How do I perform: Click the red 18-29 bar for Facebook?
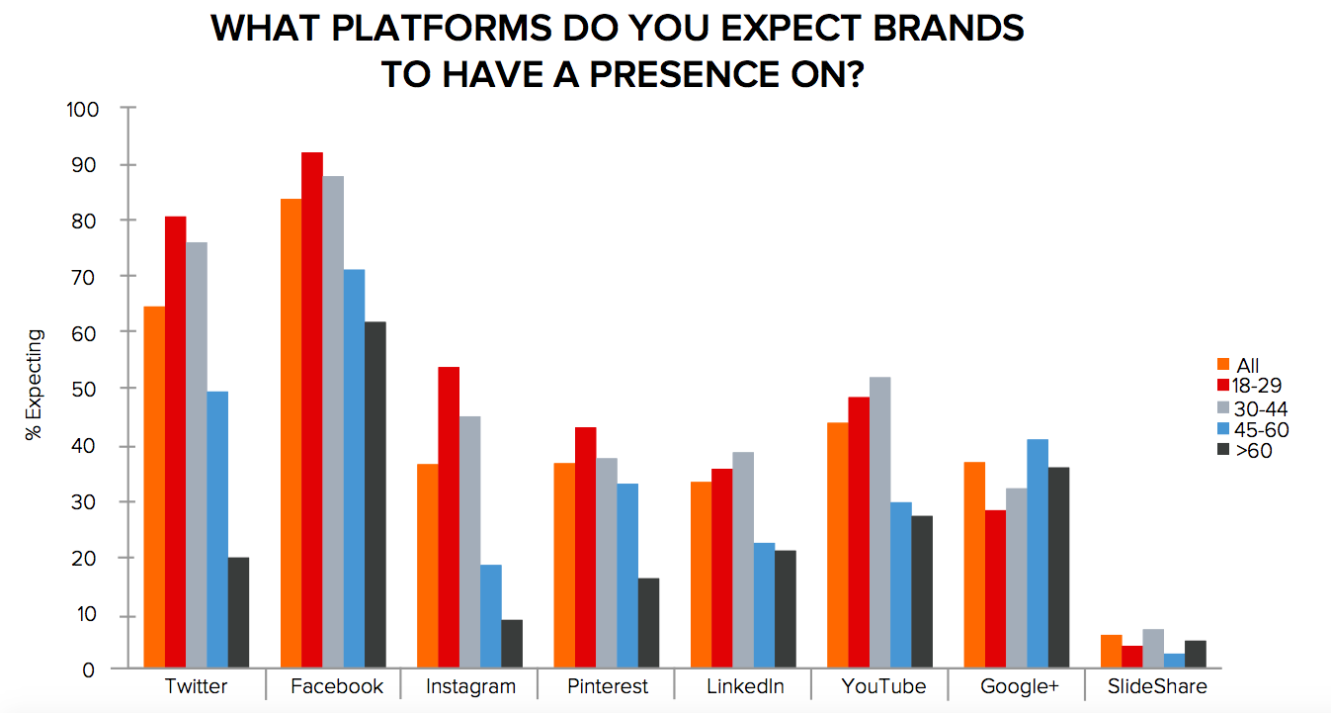[x=312, y=410]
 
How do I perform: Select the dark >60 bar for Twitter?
[x=238, y=613]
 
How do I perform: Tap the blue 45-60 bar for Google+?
[x=1037, y=554]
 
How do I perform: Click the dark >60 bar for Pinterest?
[x=648, y=623]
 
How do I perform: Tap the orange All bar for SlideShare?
[x=1112, y=652]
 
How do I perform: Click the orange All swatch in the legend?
[x=1222, y=364]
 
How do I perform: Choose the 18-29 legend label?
[x=1258, y=386]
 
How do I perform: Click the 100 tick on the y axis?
[x=83, y=109]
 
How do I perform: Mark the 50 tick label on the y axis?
[x=88, y=389]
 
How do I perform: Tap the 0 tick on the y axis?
[x=88, y=669]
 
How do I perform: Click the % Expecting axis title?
[x=36, y=386]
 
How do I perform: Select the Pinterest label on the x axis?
[x=608, y=686]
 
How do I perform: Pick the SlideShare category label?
[x=1157, y=686]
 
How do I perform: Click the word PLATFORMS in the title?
[x=423, y=29]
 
